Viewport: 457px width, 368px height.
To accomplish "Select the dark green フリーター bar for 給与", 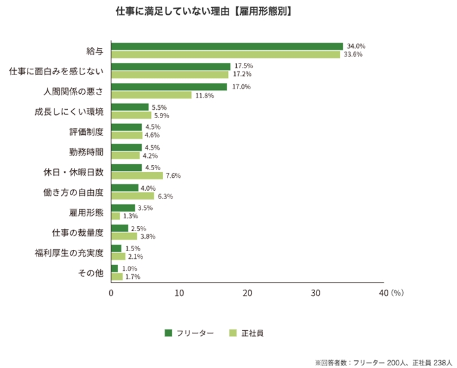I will pos(227,46).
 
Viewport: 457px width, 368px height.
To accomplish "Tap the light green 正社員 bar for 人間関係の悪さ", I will pos(151,95).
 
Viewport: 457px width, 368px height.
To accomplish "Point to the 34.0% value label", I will pos(356,46).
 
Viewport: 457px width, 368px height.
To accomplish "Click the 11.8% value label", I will pos(204,95).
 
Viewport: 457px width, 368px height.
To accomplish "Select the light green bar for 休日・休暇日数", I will pos(137,175).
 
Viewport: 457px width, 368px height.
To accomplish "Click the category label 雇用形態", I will pos(86,211).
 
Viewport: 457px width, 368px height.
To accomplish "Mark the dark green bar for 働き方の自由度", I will pos(125,188).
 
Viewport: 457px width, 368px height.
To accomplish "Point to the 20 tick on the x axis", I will pos(247,293).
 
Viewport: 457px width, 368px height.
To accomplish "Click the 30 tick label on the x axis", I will pos(315,293).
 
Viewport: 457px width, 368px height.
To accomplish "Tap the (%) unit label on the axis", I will pos(396,293).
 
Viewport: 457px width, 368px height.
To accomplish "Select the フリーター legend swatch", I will pos(169,333).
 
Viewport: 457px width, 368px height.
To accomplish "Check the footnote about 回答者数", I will pos(384,362).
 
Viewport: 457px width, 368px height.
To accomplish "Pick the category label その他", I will pos(91,272).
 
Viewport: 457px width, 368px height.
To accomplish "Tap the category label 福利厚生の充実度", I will pos(69,252).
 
